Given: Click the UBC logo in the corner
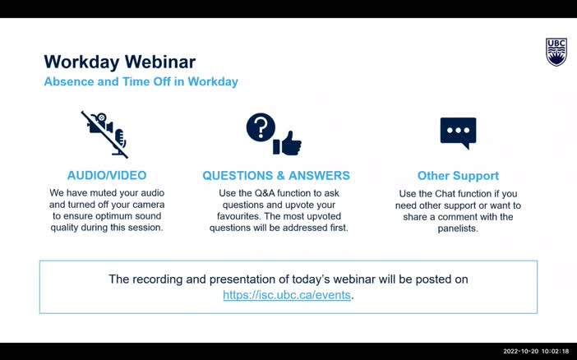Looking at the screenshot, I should coord(556,52).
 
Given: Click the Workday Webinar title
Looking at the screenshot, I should coord(119,62).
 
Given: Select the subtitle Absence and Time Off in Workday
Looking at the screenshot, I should coord(141,82).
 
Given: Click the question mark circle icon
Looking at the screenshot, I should coord(261,128).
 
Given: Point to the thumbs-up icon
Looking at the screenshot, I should coord(288,144).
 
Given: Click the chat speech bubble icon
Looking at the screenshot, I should coord(458,132).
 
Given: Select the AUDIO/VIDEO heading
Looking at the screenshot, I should coord(107,175).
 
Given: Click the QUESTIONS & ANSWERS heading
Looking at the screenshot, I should coord(276,175).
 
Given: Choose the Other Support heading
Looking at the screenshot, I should coord(458,175).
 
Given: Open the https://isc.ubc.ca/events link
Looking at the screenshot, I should coord(286,294).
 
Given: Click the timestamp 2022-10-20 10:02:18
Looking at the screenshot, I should coord(535,352).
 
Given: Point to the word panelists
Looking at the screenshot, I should coord(458,228).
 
